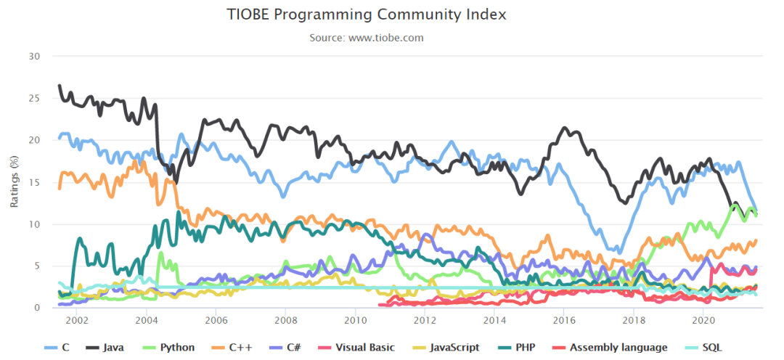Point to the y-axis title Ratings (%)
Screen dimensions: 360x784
tap(15, 181)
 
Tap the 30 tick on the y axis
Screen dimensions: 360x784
tap(35, 57)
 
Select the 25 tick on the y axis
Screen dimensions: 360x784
tap(35, 99)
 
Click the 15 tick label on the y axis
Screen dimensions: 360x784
tap(35, 182)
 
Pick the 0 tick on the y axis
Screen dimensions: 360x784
tap(37, 308)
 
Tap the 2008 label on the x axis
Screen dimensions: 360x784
tap(285, 320)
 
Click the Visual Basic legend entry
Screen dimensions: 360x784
tap(354, 348)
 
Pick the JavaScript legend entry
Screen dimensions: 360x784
tap(444, 348)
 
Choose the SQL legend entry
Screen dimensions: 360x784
tap(708, 348)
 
